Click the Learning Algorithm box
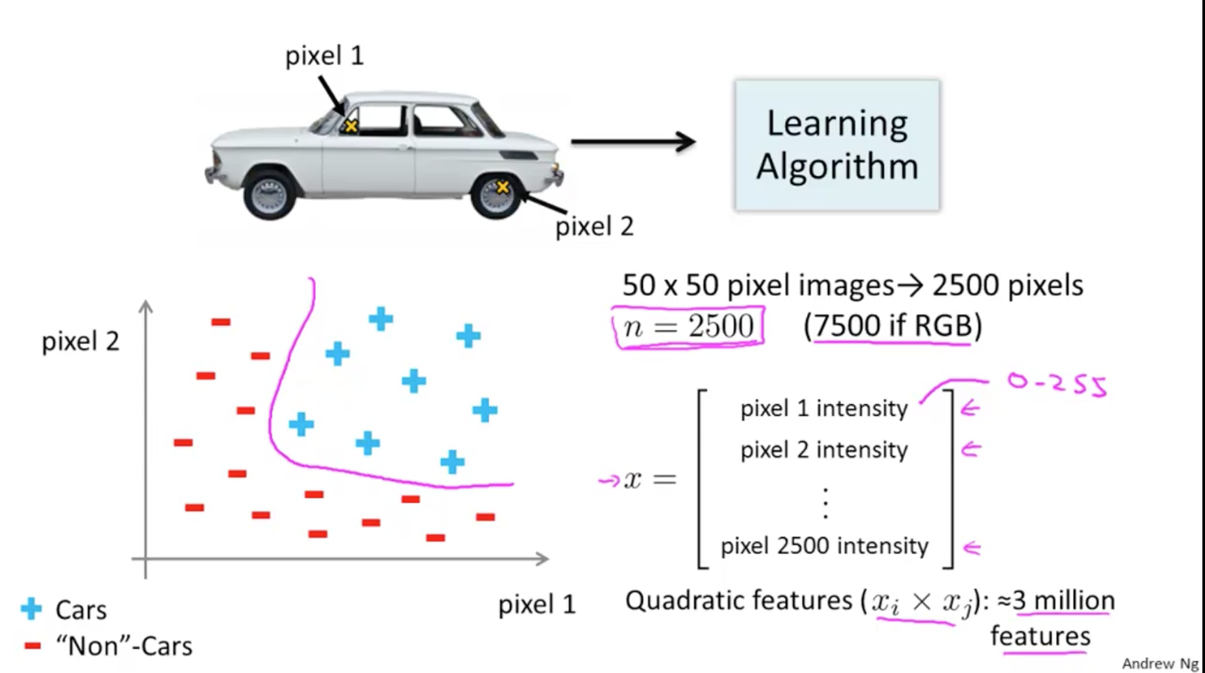837,145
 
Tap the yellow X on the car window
351,126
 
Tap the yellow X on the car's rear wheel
503,187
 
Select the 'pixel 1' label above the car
324,56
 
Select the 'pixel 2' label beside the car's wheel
594,227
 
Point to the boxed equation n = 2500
688,327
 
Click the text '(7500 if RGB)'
892,325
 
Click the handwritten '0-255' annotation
1057,384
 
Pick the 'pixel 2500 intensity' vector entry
825,546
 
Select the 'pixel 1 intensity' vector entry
824,409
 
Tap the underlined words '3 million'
1064,600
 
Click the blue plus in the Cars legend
31,609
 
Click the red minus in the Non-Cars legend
32,646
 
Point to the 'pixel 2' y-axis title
80,341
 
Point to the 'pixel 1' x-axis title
536,605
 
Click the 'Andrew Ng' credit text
1160,663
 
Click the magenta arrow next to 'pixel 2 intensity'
970,450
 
